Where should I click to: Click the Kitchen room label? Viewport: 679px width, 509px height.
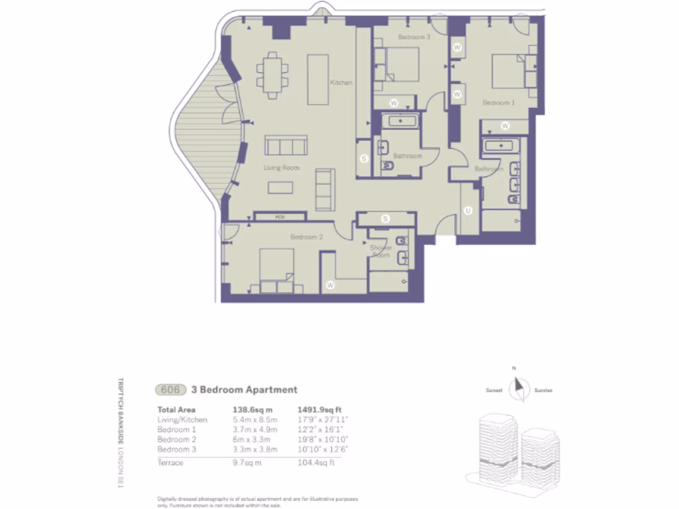(341, 83)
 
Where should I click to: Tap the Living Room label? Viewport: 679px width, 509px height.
(281, 168)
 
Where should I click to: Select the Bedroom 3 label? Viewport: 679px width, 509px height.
(414, 37)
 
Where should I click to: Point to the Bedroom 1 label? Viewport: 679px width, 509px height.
(498, 103)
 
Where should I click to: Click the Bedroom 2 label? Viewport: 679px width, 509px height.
(306, 237)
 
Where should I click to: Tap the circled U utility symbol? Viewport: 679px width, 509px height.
(468, 211)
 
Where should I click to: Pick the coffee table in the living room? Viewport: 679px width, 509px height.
(280, 188)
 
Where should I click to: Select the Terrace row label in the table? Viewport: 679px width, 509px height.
(170, 462)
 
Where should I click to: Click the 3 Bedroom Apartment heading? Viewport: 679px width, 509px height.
(244, 390)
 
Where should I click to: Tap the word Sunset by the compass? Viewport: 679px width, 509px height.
(495, 390)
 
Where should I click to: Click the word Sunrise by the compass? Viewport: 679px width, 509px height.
(544, 390)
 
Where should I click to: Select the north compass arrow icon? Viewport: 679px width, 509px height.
(517, 385)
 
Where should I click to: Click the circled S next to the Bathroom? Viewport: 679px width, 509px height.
(363, 159)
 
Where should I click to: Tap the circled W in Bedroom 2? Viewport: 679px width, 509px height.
(330, 286)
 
